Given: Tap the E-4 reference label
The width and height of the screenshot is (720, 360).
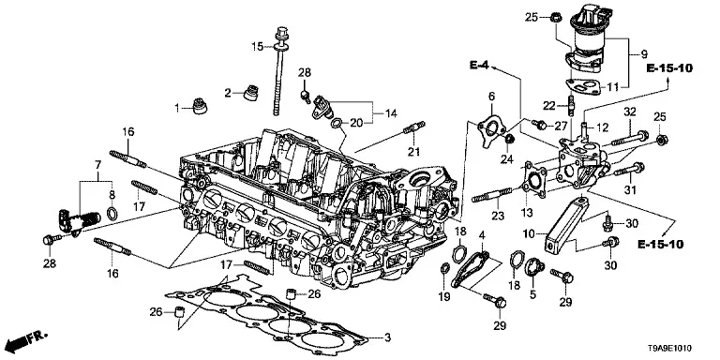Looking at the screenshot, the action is (x=479, y=66).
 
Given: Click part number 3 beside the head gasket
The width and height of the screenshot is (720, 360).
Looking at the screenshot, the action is (x=387, y=338).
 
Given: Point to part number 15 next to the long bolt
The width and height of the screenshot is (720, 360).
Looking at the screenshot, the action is (x=257, y=46).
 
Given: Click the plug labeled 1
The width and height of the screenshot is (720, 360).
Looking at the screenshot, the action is (x=200, y=106).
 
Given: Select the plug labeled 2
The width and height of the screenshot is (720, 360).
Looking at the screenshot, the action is (x=250, y=92).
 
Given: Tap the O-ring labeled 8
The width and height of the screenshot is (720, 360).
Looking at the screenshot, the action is (x=112, y=213).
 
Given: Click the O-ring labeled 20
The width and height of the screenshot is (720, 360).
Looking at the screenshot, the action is (x=336, y=123).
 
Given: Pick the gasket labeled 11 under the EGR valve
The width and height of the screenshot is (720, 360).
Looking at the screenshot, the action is (x=583, y=85).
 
